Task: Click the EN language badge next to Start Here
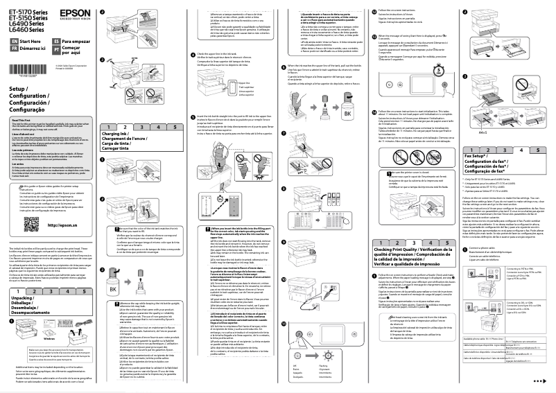coord(15,42)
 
